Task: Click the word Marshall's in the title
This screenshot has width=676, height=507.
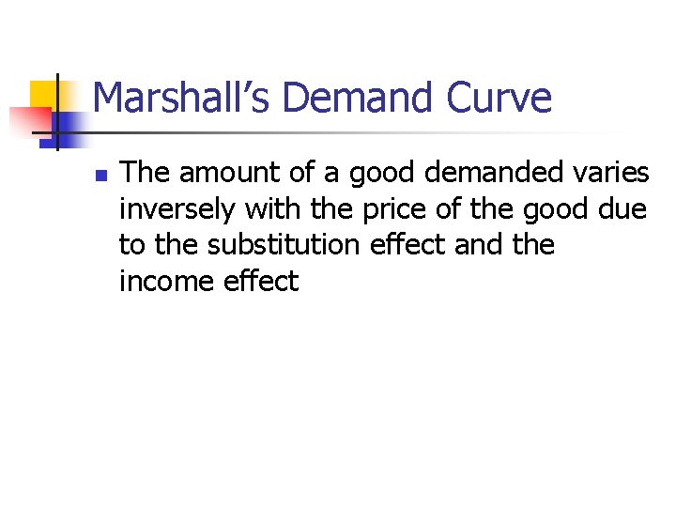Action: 177,98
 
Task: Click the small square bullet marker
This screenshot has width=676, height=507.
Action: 100,175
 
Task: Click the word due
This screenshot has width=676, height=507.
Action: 622,208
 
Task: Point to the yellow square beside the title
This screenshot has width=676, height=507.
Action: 44,94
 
